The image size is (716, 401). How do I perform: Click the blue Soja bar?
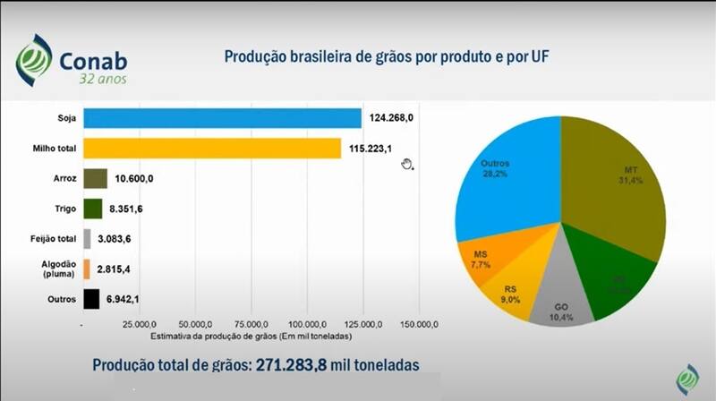(221, 118)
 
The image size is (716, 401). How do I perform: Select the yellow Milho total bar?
(211, 148)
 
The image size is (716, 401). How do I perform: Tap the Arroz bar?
(95, 178)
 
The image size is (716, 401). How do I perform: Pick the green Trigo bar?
(92, 209)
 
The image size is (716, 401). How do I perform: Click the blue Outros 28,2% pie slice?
(506, 179)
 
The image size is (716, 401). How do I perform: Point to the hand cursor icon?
(407, 164)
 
